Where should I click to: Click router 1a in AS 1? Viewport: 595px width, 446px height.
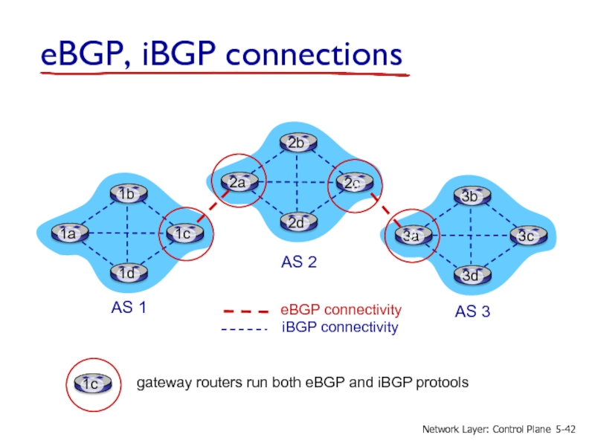[x=70, y=233]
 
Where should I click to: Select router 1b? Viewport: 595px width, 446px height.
[x=129, y=194]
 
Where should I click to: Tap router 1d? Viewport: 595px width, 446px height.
[x=129, y=273]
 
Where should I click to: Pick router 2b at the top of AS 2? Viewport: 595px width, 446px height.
[x=298, y=142]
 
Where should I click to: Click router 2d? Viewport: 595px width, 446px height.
[x=298, y=222]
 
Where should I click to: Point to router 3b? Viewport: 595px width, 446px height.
[x=472, y=195]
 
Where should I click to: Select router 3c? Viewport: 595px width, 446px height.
[x=529, y=236]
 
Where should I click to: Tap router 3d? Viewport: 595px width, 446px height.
[x=472, y=275]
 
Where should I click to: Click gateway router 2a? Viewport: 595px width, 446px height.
[x=239, y=182]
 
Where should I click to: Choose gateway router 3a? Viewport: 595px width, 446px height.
[x=413, y=236]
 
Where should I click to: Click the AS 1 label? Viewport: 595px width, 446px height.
[x=129, y=307]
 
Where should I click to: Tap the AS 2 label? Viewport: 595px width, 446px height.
[x=299, y=262]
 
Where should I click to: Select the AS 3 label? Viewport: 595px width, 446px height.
[x=472, y=311]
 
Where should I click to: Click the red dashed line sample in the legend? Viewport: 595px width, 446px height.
[x=246, y=311]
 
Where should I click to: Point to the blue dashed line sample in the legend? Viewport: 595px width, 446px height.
[x=245, y=329]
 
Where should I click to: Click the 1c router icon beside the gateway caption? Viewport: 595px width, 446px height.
[x=93, y=383]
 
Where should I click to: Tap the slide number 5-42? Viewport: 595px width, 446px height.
[x=565, y=429]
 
